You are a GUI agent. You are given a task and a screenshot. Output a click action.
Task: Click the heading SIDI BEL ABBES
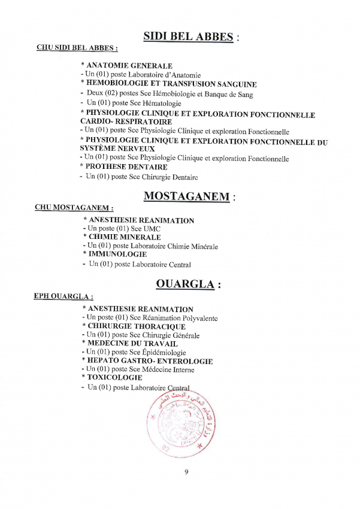[188, 37]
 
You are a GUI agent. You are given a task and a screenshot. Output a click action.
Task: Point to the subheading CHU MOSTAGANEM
[74, 208]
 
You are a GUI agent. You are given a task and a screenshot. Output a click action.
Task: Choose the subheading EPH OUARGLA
[63, 296]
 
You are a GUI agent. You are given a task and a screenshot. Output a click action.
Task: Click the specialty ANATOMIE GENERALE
[129, 66]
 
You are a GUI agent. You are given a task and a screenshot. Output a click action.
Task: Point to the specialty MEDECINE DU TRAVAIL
[132, 344]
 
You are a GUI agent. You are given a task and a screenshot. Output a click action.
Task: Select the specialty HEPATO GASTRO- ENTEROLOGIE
[150, 361]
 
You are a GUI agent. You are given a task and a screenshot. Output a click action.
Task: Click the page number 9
[186, 472]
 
